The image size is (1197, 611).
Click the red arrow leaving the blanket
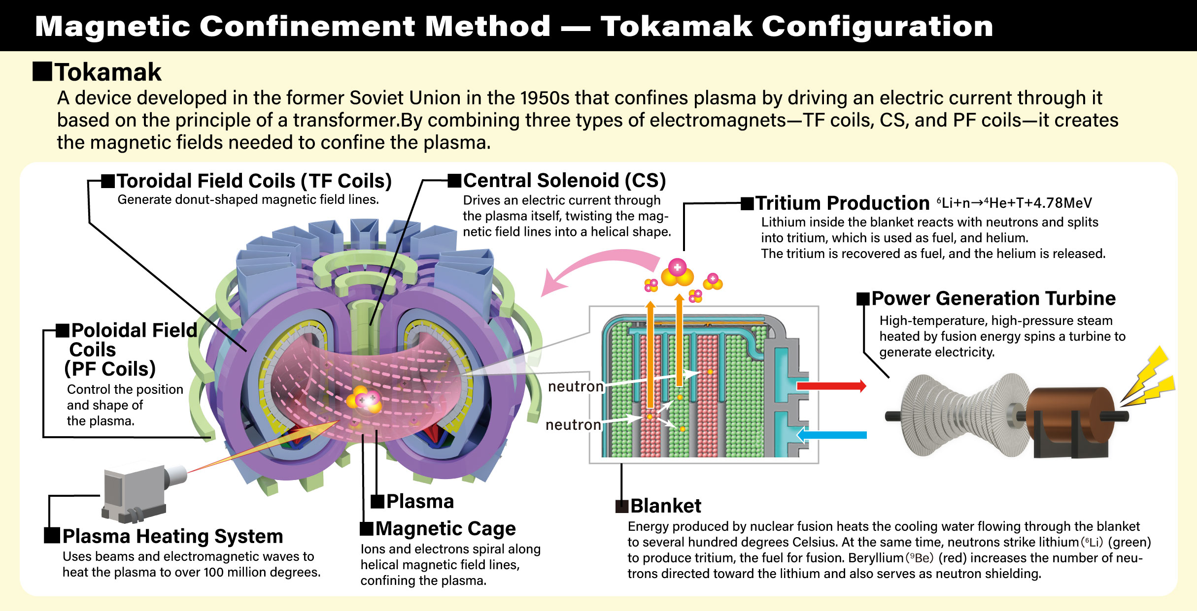831,386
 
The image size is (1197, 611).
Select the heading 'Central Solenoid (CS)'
564,181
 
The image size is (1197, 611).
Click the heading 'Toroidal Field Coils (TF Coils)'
254,181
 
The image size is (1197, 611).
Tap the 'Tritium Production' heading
843,203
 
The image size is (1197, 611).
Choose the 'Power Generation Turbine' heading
993,298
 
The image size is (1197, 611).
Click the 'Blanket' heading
666,506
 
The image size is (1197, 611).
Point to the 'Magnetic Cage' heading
445,529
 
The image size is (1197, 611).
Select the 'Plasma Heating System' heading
172,536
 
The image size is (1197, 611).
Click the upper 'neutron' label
576,386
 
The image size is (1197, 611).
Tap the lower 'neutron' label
573,424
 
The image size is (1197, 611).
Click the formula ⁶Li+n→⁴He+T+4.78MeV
1014,203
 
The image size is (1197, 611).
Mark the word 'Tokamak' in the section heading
108,72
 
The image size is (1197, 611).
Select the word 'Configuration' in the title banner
877,26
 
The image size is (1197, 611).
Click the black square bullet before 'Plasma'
377,502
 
